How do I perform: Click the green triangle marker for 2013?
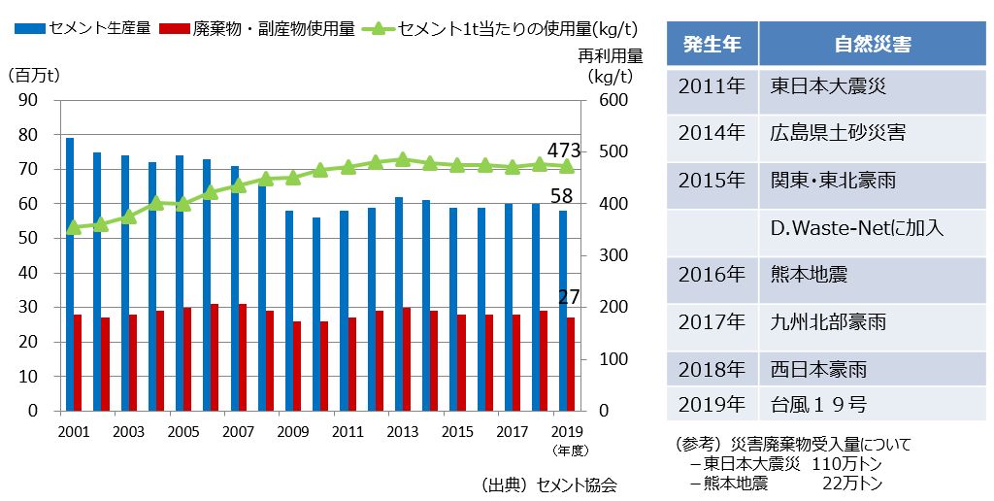click(403, 159)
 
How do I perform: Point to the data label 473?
click(563, 150)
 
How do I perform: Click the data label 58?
click(562, 197)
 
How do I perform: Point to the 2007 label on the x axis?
click(238, 432)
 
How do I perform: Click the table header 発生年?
click(712, 44)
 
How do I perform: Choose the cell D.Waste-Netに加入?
click(857, 229)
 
